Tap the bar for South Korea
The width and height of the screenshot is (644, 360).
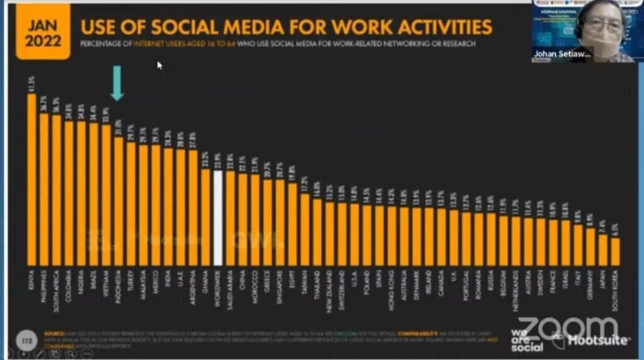click(614, 251)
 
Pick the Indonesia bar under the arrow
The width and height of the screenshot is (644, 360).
click(118, 201)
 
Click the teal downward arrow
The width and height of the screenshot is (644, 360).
click(118, 86)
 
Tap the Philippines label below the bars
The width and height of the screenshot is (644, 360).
click(44, 291)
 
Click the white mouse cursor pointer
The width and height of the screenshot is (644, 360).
click(160, 64)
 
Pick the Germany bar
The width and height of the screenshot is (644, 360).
click(590, 246)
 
